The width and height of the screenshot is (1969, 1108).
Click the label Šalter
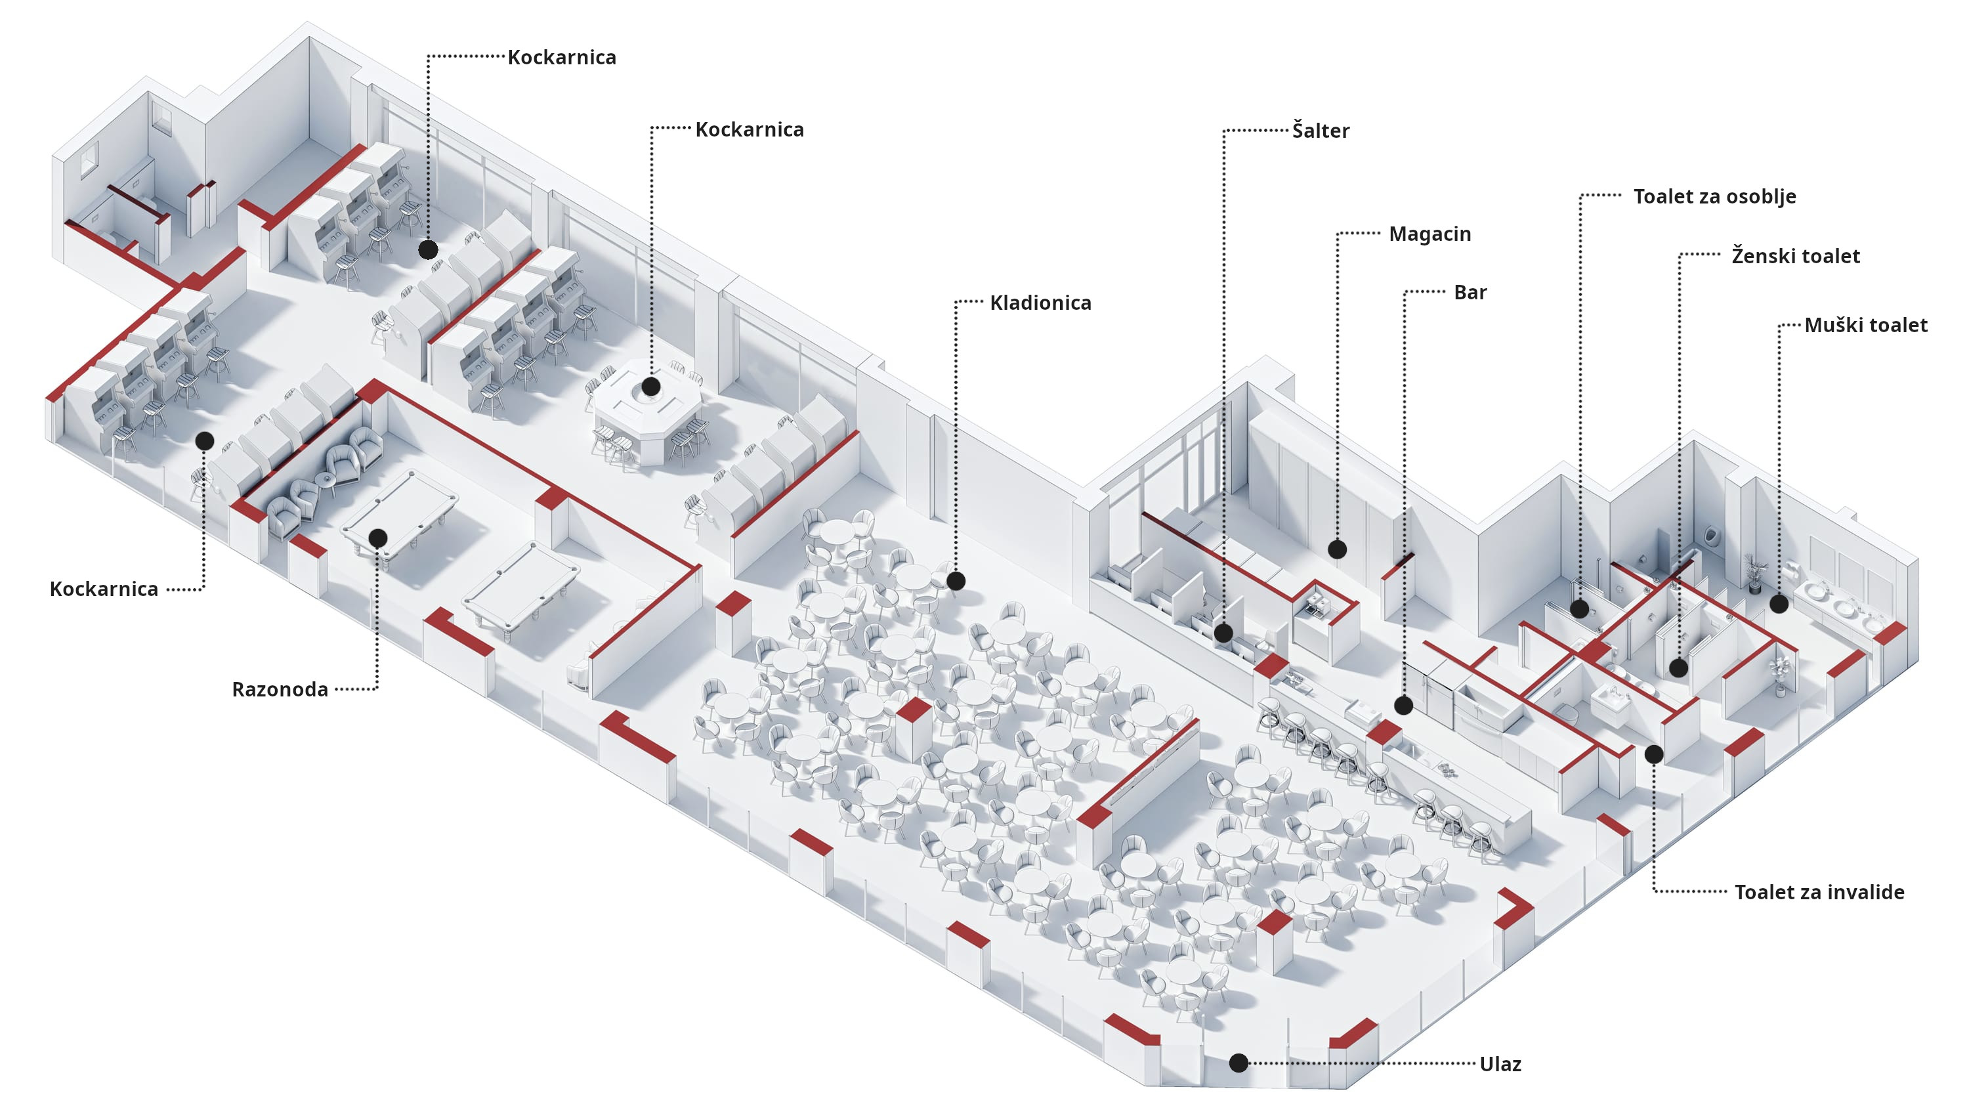[1320, 131]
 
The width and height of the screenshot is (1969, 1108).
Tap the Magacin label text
[1429, 234]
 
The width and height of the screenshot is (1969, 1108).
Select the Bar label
[1470, 293]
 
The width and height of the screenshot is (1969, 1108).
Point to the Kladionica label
[1040, 303]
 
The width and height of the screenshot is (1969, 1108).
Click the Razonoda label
[280, 690]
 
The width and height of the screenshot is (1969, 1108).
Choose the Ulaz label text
[1500, 1065]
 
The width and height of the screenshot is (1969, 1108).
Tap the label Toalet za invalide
[1819, 892]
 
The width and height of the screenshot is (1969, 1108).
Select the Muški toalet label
[1866, 326]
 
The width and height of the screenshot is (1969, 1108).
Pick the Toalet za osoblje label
[1714, 196]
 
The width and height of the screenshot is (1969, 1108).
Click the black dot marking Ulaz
[1239, 1063]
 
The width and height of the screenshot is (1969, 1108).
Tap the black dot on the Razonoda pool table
[377, 538]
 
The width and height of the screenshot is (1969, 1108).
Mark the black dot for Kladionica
[956, 581]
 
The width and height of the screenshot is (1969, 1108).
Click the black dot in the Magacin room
[1337, 549]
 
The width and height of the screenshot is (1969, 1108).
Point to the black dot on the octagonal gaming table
[650, 387]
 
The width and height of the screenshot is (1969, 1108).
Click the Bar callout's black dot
[1403, 706]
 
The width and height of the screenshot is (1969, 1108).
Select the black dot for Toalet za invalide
[1654, 755]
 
